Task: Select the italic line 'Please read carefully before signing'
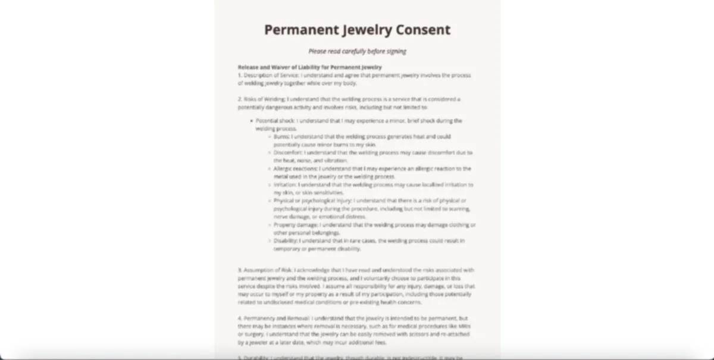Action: click(357, 51)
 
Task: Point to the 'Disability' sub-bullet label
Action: click(284, 241)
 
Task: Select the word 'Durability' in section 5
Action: click(256, 358)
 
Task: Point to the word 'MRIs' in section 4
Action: click(467, 326)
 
